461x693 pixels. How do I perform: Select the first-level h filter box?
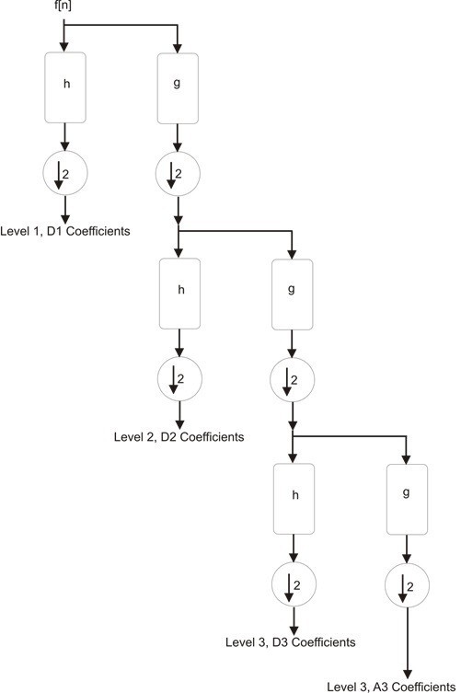click(x=66, y=87)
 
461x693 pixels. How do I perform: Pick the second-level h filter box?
click(x=180, y=294)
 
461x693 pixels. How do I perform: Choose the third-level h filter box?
click(x=294, y=500)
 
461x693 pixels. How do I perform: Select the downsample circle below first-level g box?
click(x=176, y=172)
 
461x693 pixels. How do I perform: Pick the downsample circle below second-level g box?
click(x=291, y=378)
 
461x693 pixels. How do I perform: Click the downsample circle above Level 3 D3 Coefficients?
click(x=293, y=584)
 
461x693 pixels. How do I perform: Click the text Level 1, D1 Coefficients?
click(x=65, y=230)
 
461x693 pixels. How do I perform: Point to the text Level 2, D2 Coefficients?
click(x=179, y=437)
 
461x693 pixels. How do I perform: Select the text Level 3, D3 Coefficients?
click(x=290, y=641)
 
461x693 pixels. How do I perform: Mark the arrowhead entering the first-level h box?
click(x=63, y=46)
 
